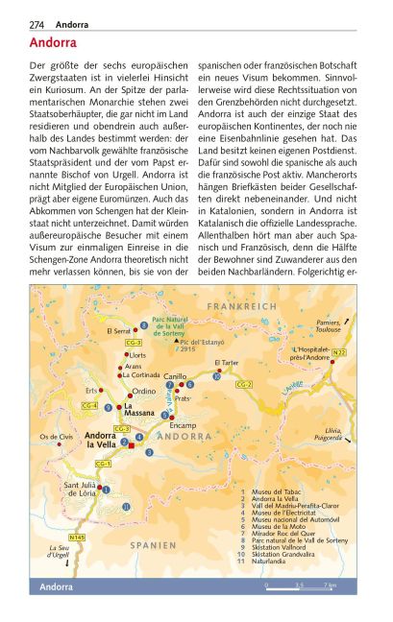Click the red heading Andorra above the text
tap(54, 43)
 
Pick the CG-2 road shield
tap(244, 385)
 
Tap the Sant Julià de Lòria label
tap(80, 490)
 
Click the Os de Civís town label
tap(57, 437)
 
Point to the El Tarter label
tap(226, 363)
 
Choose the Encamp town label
tap(182, 424)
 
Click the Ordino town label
tap(144, 391)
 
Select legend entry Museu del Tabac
tap(279, 490)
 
